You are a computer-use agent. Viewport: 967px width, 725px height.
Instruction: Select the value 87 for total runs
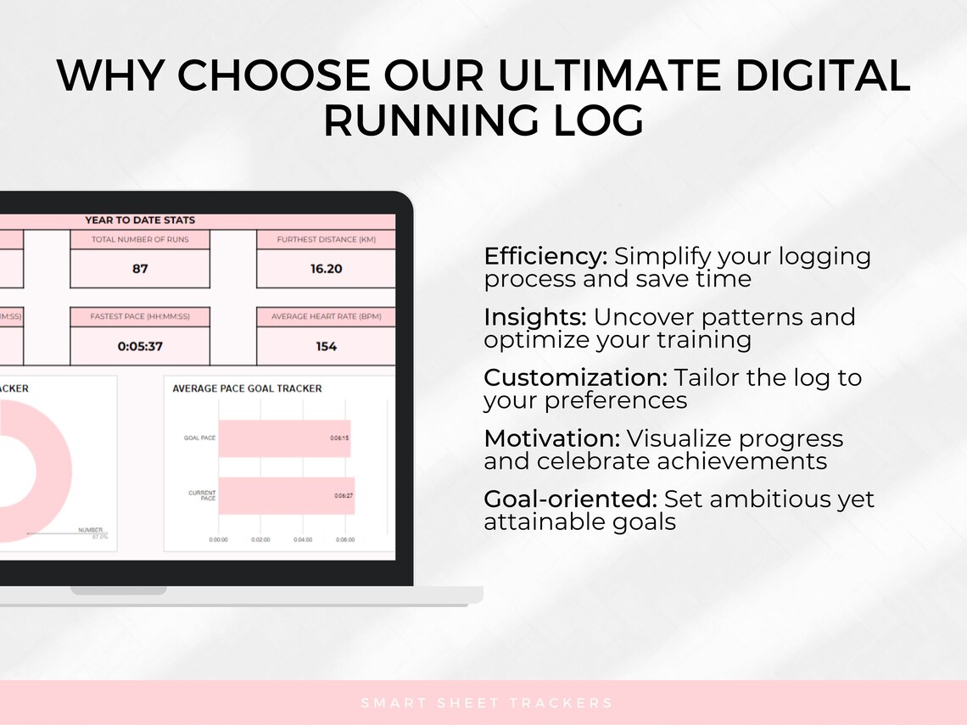click(x=140, y=269)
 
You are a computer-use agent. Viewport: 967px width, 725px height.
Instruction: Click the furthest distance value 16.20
click(x=326, y=269)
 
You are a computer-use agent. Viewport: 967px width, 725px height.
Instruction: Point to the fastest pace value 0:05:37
click(x=140, y=346)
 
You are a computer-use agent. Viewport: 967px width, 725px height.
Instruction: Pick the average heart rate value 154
click(x=326, y=346)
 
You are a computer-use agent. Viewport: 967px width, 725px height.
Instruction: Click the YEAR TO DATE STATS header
click(x=140, y=220)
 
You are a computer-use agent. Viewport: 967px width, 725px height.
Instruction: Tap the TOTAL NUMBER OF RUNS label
click(x=140, y=240)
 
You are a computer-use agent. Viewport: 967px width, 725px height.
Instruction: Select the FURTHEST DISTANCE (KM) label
click(x=326, y=240)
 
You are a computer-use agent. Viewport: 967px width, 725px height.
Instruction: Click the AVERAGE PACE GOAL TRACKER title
click(x=247, y=388)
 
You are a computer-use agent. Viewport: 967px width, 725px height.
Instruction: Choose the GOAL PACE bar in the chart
click(x=284, y=438)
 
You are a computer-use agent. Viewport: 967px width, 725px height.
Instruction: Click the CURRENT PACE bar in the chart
click(x=286, y=495)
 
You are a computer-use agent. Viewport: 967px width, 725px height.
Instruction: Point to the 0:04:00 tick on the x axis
click(x=303, y=539)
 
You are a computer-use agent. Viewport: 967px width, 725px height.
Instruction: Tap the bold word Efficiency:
click(x=545, y=257)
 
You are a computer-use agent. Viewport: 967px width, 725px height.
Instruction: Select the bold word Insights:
click(x=535, y=318)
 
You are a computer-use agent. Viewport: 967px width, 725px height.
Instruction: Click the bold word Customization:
click(x=576, y=378)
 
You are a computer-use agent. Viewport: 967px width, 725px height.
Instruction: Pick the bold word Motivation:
click(x=551, y=438)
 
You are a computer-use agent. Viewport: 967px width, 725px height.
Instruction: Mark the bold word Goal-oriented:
click(x=570, y=499)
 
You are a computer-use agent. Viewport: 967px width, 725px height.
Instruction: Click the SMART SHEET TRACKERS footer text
click(x=487, y=703)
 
